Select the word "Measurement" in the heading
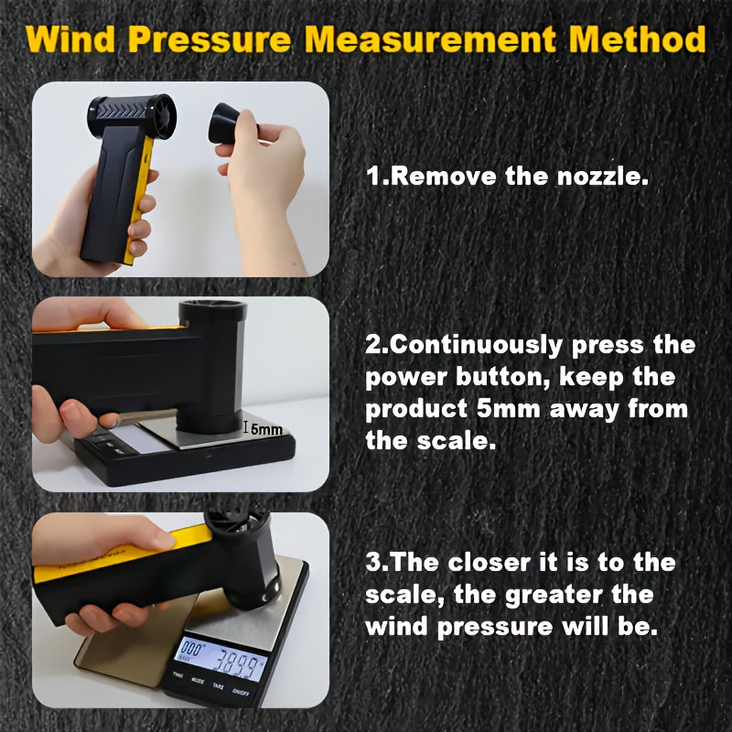pyautogui.click(x=429, y=40)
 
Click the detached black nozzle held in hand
pyautogui.click(x=232, y=123)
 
